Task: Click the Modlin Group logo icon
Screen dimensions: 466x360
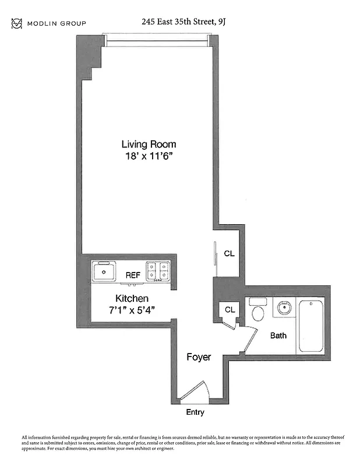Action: [16, 23]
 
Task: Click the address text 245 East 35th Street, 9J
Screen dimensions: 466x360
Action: [183, 22]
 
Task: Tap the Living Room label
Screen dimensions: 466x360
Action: [149, 144]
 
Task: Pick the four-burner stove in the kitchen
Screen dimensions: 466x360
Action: [158, 271]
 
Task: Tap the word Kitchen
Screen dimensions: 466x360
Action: [132, 298]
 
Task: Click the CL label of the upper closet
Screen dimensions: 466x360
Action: [230, 253]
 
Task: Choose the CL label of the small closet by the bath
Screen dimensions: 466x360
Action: [230, 309]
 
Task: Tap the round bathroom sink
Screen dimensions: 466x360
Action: [284, 307]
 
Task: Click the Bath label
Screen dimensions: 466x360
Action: [278, 336]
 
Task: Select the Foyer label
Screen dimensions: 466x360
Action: [199, 356]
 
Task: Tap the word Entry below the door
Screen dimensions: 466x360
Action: [195, 412]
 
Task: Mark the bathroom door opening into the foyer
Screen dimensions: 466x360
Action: [249, 341]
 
